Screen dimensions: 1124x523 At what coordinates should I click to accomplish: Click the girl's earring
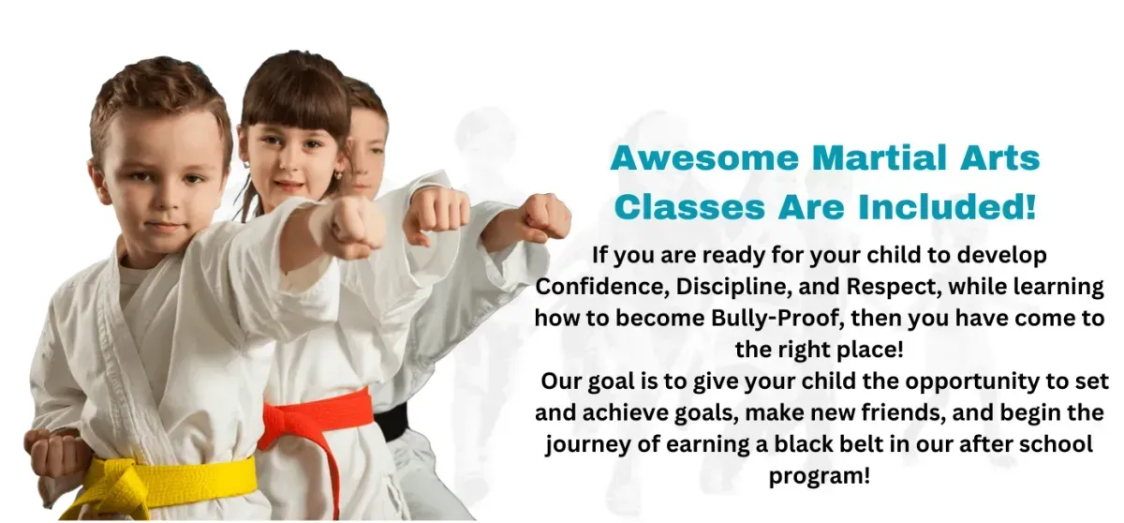[338, 175]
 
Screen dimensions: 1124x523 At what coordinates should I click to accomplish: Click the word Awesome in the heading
[704, 158]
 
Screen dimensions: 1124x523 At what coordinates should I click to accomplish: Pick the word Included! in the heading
[947, 206]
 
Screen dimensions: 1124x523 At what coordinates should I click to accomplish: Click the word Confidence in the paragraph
[601, 287]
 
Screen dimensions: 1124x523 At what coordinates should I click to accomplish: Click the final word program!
[820, 476]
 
